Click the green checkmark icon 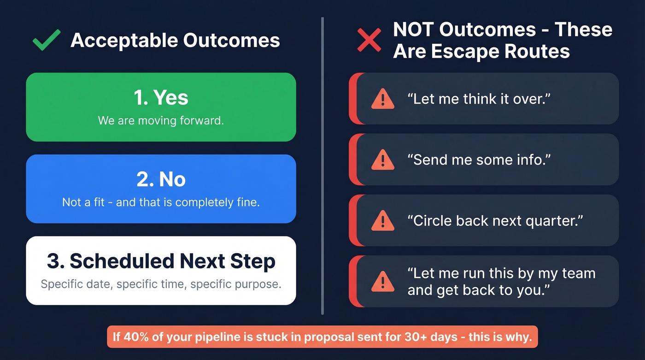47,40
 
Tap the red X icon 369,40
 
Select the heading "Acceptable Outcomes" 175,41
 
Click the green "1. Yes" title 161,97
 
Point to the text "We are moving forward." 161,121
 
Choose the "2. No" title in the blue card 161,179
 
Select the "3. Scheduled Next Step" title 161,261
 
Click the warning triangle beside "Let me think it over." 383,99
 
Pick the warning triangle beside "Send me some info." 383,159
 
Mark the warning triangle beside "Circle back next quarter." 383,221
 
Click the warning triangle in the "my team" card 383,282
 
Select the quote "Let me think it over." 479,99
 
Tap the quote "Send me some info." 479,159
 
